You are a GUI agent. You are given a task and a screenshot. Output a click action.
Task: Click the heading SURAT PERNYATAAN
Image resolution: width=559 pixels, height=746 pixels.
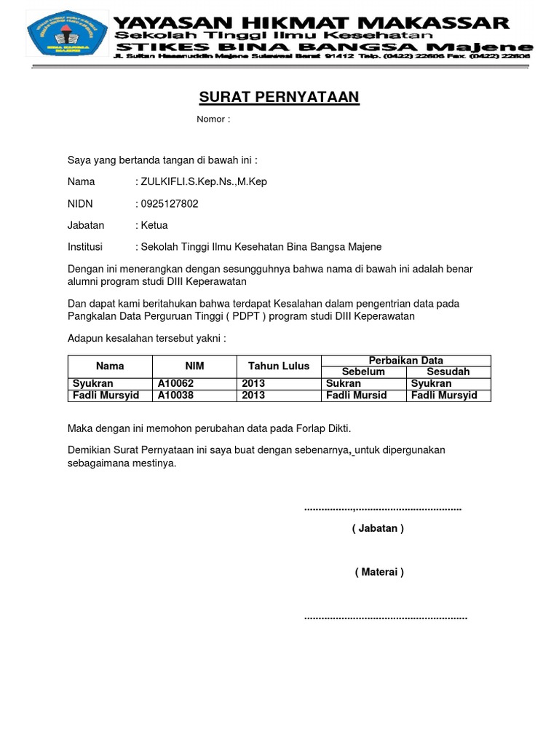tap(279, 98)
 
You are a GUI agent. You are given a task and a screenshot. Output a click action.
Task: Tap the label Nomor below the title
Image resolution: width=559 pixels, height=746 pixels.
tap(213, 119)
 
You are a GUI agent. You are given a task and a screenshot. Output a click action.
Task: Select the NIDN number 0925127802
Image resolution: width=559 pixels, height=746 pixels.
tap(169, 204)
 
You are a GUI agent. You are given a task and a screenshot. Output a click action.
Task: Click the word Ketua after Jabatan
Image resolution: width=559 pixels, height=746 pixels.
tap(154, 226)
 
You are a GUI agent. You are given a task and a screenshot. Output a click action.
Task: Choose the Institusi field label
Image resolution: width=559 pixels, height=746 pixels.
tap(85, 247)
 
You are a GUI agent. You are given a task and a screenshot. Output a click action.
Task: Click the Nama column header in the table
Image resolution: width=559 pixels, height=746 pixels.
tap(110, 366)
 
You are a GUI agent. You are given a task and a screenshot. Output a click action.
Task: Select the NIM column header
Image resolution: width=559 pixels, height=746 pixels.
tap(194, 366)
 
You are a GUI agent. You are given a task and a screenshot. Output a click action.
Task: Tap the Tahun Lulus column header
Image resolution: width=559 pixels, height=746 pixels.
tap(279, 366)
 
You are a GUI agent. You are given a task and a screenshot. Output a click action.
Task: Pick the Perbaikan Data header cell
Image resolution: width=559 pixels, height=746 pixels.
tap(406, 361)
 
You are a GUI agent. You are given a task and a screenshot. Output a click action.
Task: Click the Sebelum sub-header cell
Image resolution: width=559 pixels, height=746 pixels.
tap(363, 372)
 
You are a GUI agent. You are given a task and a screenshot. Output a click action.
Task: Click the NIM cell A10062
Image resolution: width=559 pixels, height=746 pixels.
tap(176, 383)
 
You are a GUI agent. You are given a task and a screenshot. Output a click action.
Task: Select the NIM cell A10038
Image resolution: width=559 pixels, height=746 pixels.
tap(176, 395)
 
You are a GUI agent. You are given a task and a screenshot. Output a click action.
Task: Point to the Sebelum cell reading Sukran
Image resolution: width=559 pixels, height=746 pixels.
tap(344, 383)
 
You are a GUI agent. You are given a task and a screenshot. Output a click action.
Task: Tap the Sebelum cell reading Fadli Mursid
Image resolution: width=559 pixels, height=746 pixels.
tap(357, 395)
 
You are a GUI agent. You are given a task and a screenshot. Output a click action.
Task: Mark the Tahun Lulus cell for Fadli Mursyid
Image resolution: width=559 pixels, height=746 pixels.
tap(254, 395)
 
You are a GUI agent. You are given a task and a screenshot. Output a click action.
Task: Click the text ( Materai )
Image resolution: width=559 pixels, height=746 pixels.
tap(379, 572)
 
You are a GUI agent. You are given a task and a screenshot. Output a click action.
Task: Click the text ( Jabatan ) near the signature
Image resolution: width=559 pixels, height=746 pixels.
tap(378, 528)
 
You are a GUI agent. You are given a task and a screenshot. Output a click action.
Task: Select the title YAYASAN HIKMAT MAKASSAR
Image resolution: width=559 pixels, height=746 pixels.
tap(312, 22)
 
